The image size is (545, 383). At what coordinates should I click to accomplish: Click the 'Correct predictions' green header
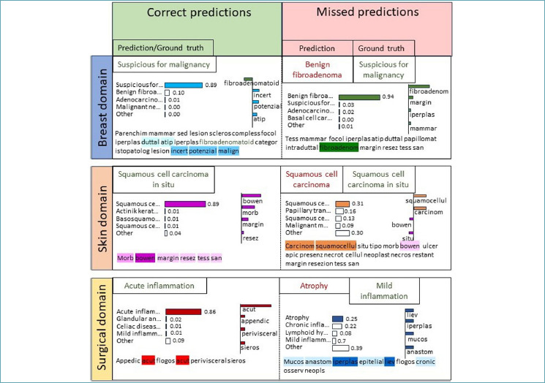[197, 13]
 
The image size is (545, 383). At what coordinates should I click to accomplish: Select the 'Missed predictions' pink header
[366, 13]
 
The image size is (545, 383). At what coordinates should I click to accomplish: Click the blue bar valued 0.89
[184, 85]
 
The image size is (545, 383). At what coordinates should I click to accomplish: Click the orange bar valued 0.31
[342, 203]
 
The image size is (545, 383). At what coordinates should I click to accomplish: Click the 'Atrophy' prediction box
[315, 286]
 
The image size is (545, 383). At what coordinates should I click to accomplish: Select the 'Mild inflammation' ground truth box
[383, 290]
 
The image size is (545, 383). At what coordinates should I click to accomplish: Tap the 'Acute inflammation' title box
[159, 286]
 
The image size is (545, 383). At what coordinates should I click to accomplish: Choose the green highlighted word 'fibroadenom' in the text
[339, 147]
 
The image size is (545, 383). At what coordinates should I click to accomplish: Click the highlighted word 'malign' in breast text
[228, 151]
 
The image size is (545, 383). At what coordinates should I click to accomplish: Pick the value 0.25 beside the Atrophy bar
[351, 319]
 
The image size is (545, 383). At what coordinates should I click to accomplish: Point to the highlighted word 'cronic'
[426, 361]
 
